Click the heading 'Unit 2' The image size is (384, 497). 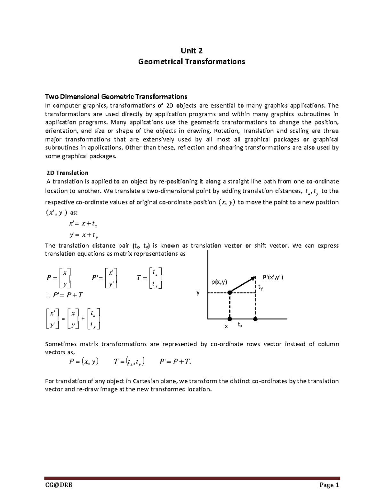(x=191, y=51)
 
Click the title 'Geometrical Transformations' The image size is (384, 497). (x=191, y=61)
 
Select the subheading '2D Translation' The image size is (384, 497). (x=67, y=173)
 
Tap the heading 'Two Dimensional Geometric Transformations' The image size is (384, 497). (x=116, y=97)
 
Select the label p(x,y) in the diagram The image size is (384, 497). (x=219, y=282)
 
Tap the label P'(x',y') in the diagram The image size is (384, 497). (x=273, y=277)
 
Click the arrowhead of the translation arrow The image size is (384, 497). (x=253, y=277)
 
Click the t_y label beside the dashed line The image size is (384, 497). (x=260, y=288)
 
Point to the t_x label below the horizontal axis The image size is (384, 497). (x=240, y=325)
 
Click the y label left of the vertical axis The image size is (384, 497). (x=198, y=293)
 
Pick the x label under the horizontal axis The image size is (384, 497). (x=226, y=326)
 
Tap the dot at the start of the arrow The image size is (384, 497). (x=229, y=293)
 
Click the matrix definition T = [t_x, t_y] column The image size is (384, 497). (x=150, y=278)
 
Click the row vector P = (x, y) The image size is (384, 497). (x=84, y=362)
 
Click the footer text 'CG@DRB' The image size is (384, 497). (x=59, y=485)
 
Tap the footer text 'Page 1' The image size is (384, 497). (x=329, y=485)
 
